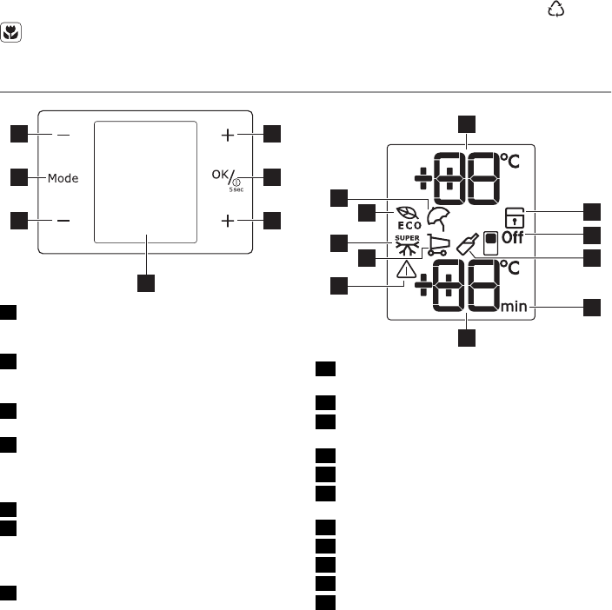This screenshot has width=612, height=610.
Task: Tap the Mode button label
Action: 63,178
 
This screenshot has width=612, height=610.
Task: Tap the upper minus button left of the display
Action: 63,136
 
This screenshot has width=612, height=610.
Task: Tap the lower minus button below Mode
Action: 63,221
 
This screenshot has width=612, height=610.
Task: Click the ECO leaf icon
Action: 407,212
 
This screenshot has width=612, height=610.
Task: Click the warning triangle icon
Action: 407,271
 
